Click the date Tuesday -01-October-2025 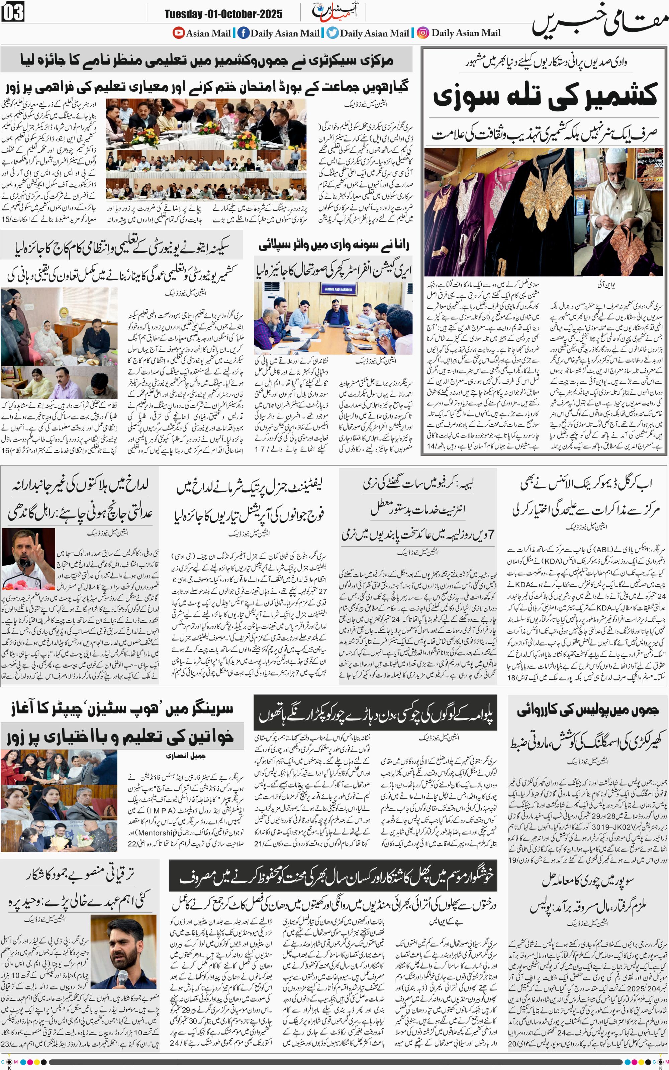(x=223, y=14)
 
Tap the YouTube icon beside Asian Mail (x=178, y=33)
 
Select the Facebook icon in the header (x=243, y=33)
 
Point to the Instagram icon (x=423, y=33)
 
